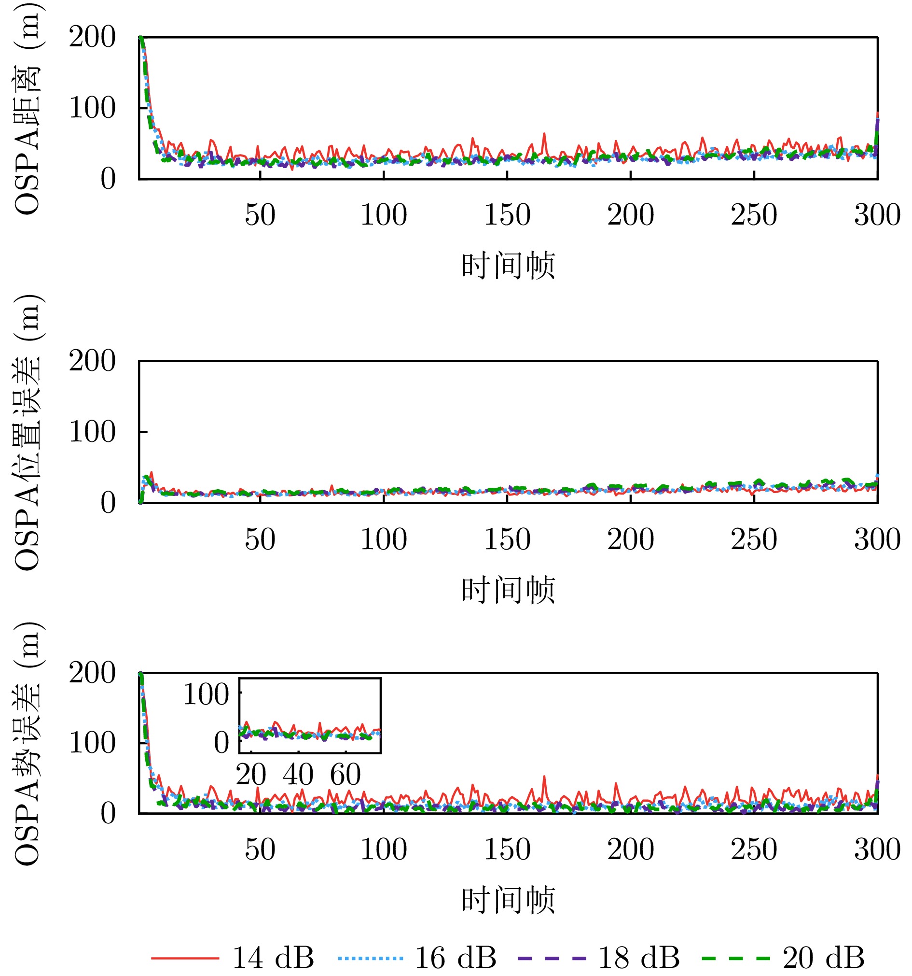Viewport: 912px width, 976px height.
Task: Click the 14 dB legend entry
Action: (233, 957)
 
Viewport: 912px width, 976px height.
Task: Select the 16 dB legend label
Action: (455, 957)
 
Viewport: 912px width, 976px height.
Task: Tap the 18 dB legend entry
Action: (638, 957)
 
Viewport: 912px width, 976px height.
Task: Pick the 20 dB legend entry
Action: (823, 957)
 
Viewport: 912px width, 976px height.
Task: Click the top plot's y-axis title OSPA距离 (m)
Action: (27, 108)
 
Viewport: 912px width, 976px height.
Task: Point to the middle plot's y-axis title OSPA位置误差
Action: (27, 432)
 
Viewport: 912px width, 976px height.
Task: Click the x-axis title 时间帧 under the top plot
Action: (508, 266)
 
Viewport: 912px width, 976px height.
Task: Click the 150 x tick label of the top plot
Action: (507, 215)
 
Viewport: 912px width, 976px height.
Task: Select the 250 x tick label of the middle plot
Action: (754, 539)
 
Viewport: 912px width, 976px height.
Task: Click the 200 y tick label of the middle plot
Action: (92, 361)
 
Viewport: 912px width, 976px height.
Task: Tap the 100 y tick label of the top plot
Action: (92, 108)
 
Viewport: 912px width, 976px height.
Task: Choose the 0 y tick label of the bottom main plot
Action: (108, 813)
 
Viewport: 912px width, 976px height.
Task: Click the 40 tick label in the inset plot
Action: (298, 775)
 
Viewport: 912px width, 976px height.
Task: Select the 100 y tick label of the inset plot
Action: (206, 694)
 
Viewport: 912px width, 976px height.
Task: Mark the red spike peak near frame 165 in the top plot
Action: (543, 134)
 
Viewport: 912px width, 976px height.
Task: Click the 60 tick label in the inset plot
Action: (345, 775)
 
